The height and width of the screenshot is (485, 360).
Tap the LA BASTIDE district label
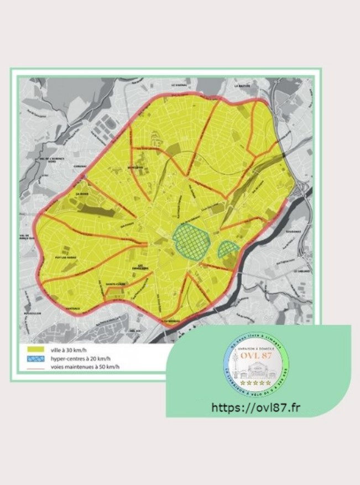click(242, 86)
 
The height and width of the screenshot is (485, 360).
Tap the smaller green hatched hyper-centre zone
click(228, 249)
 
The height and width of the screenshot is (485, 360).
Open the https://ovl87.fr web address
click(256, 408)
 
